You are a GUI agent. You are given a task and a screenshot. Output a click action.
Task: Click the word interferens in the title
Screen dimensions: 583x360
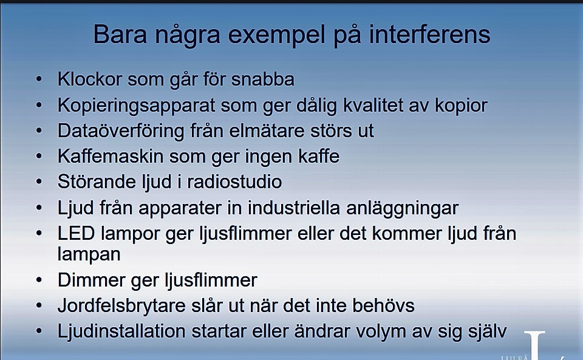pyautogui.click(x=429, y=34)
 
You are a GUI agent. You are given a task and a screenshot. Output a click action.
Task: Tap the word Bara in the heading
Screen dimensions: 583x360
pyautogui.click(x=120, y=34)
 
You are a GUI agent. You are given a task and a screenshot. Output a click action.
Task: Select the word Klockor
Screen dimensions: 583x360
pyautogui.click(x=90, y=79)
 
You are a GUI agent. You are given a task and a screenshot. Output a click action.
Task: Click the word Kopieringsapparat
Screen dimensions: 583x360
pyautogui.click(x=136, y=106)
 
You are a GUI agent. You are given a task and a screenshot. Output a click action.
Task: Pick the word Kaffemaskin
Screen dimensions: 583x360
pyautogui.click(x=111, y=157)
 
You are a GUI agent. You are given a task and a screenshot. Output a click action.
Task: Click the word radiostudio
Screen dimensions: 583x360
pyautogui.click(x=234, y=182)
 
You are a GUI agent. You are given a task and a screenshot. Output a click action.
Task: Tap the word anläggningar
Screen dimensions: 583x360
pyautogui.click(x=402, y=208)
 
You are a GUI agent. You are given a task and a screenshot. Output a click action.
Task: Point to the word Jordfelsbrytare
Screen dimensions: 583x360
pyautogui.click(x=121, y=306)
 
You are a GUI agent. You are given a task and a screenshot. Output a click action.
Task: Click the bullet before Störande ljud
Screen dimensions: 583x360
pyautogui.click(x=39, y=182)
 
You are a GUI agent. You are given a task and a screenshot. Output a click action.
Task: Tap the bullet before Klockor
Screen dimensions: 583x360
pyautogui.click(x=39, y=79)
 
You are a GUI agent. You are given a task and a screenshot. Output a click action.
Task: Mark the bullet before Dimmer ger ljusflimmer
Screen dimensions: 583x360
pyautogui.click(x=39, y=280)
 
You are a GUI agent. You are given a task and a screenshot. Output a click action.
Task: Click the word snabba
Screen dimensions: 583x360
pyautogui.click(x=263, y=79)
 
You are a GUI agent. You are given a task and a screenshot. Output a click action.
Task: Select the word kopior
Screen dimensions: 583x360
pyautogui.click(x=461, y=106)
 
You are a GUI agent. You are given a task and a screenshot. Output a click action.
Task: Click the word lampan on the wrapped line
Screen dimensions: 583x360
pyautogui.click(x=89, y=255)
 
